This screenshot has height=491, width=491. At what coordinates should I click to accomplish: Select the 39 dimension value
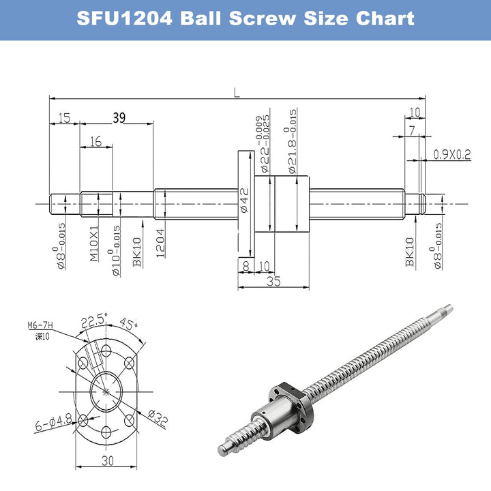coord(119,118)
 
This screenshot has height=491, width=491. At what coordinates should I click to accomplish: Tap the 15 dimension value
coord(64,118)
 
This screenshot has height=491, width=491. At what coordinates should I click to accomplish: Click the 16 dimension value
coord(95,141)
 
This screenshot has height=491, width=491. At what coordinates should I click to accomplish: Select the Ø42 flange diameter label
coord(243,202)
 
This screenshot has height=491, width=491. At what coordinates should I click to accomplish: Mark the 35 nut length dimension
coord(273,280)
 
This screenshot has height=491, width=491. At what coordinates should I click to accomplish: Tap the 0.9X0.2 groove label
coord(451,155)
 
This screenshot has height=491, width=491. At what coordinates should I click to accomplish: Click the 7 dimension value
coord(413,130)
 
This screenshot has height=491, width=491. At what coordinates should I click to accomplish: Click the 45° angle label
coord(128,323)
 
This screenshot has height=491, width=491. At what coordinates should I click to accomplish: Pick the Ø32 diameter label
coord(158,418)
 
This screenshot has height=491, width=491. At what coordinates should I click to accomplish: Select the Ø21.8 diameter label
coord(292,141)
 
